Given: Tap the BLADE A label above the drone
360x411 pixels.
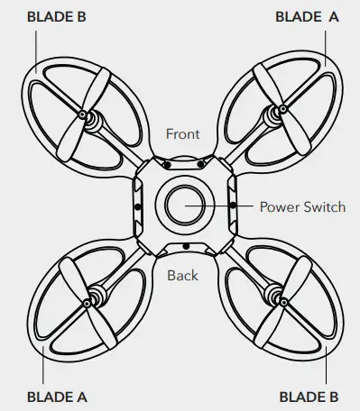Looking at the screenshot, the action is click(308, 15).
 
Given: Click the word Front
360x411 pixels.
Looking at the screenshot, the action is click(183, 134).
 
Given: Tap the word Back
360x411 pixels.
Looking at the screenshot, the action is click(182, 275).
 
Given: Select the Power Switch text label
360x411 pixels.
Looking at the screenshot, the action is click(301, 206).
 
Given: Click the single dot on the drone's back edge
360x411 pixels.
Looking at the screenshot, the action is click(185, 245).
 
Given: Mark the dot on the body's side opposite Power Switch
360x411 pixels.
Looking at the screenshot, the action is click(136, 205).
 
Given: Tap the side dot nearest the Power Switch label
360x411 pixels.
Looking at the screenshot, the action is click(233, 205).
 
